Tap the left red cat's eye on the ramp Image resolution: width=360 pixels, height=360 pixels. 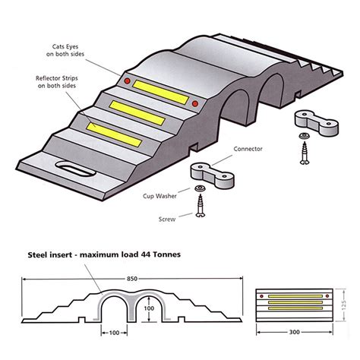[x=128, y=81]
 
